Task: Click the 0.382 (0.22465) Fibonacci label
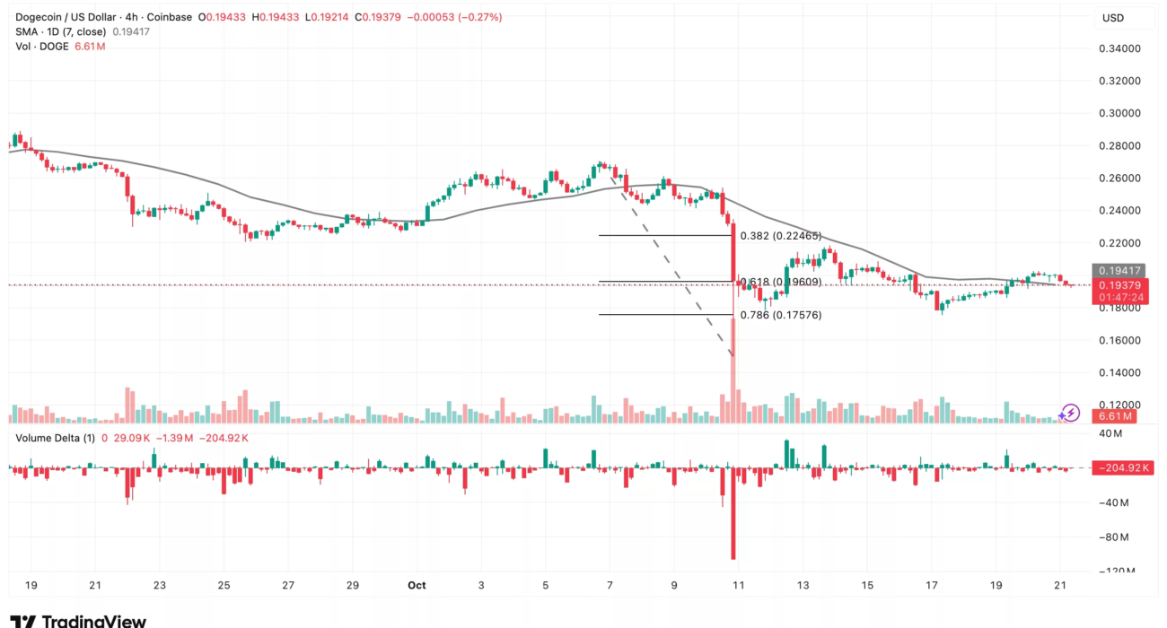point(780,236)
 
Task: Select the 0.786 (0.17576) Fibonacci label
point(780,315)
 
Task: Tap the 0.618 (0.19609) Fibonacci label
point(780,282)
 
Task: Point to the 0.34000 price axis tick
point(1119,48)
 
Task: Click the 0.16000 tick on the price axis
point(1119,341)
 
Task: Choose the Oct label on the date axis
point(416,585)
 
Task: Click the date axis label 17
point(932,585)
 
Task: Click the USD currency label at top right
point(1113,18)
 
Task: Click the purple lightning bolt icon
point(1069,413)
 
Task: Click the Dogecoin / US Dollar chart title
point(67,17)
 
